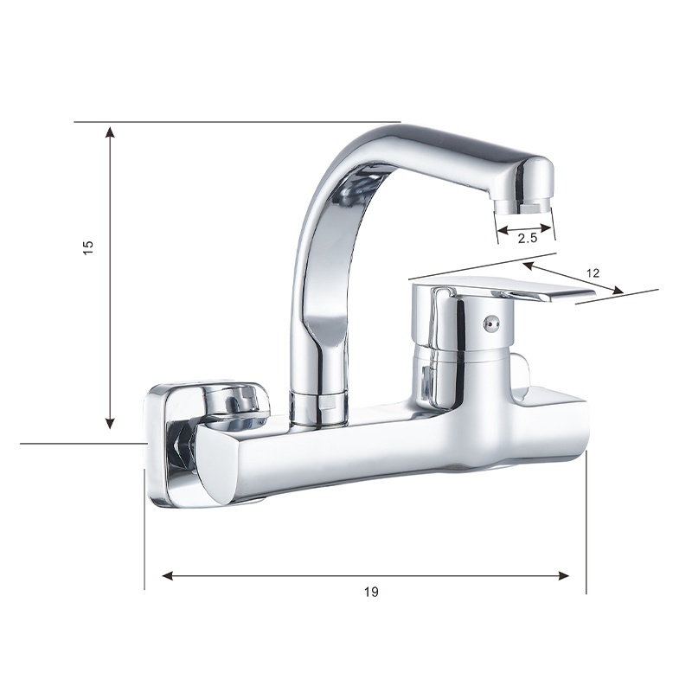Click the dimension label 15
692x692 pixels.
pyautogui.click(x=88, y=247)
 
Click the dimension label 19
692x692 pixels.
pyautogui.click(x=371, y=592)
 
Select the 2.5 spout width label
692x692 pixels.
pyautogui.click(x=527, y=239)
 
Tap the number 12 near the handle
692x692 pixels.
pyautogui.click(x=593, y=273)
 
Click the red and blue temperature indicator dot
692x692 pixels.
pyautogui.click(x=491, y=324)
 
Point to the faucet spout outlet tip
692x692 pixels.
pyautogui.click(x=523, y=204)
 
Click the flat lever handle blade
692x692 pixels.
pyautogui.click(x=548, y=293)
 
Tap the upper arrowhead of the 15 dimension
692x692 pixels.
pyautogui.click(x=111, y=131)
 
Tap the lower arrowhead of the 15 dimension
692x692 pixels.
pyautogui.click(x=111, y=422)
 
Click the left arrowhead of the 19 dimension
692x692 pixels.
pyautogui.click(x=168, y=575)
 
